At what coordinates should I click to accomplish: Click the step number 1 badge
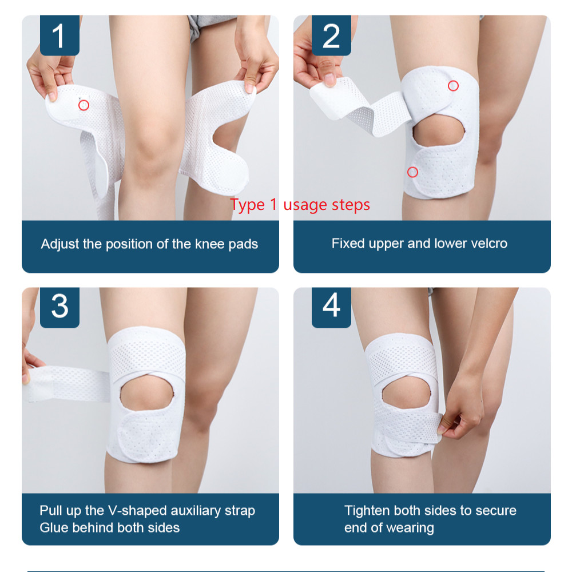[x=59, y=35]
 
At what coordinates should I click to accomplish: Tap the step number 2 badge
[x=331, y=35]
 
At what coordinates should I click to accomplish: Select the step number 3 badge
[x=59, y=307]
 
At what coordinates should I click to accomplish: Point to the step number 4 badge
[x=331, y=307]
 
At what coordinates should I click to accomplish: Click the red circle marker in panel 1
[x=84, y=105]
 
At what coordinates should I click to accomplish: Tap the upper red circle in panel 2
[x=453, y=86]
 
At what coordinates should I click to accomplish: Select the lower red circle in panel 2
[x=412, y=172]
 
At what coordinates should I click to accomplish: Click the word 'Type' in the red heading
[x=247, y=205]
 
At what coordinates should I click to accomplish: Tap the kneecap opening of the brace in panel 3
[x=146, y=394]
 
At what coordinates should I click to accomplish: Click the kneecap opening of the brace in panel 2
[x=439, y=133]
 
